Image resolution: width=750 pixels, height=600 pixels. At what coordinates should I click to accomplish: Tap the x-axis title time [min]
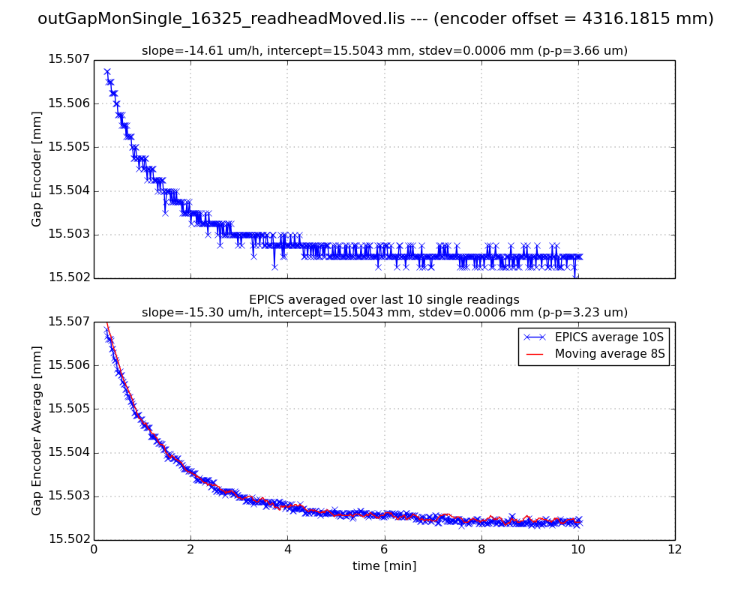point(384,566)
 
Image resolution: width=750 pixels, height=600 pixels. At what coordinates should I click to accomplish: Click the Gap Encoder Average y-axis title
point(37,430)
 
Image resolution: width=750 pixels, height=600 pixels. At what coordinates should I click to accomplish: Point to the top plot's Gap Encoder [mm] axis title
point(37,169)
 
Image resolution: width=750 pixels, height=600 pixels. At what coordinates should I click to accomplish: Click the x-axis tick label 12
point(674,549)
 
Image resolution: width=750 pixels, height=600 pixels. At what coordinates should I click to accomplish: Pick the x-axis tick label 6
point(384,549)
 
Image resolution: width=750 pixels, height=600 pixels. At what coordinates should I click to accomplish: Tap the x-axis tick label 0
point(94,549)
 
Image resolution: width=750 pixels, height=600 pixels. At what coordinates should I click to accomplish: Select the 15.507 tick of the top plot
point(68,60)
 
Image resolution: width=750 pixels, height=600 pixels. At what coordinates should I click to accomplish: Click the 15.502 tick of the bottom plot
point(68,539)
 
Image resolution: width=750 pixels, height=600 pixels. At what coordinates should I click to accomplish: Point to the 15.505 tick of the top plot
point(68,147)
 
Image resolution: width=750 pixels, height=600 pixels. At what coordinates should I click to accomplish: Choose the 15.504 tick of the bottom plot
point(68,452)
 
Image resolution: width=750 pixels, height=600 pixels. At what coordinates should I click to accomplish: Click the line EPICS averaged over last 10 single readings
point(384,300)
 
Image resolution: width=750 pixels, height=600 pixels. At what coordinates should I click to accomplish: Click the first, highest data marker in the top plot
point(106,72)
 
